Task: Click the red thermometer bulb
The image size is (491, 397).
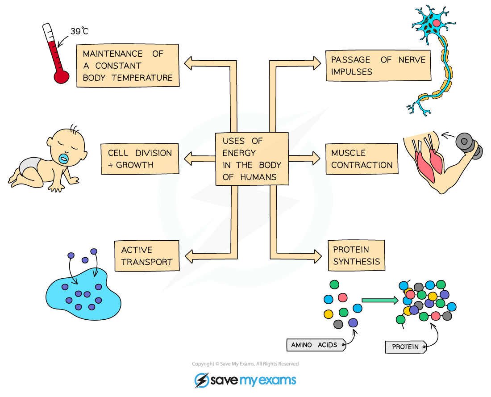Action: click(x=61, y=76)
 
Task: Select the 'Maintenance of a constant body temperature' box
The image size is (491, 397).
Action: click(x=128, y=65)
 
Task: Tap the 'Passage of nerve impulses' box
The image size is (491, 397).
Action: click(x=378, y=66)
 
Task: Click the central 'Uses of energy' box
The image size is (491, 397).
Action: click(x=252, y=159)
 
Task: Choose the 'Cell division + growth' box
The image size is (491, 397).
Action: click(x=140, y=159)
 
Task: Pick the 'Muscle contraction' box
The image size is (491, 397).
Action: click(x=362, y=159)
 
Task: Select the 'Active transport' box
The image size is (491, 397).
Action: click(x=147, y=256)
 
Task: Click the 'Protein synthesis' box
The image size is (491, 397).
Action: click(x=356, y=256)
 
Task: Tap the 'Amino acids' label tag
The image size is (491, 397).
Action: click(x=316, y=345)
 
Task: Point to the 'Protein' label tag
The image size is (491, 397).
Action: click(x=405, y=347)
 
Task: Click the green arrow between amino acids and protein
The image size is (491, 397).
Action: click(x=379, y=301)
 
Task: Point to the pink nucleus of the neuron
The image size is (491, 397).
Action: click(x=436, y=23)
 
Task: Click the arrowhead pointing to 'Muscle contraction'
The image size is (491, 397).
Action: click(x=316, y=159)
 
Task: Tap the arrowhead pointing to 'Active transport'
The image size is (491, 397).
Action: click(x=189, y=256)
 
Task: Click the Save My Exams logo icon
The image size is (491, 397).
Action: click(x=202, y=380)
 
